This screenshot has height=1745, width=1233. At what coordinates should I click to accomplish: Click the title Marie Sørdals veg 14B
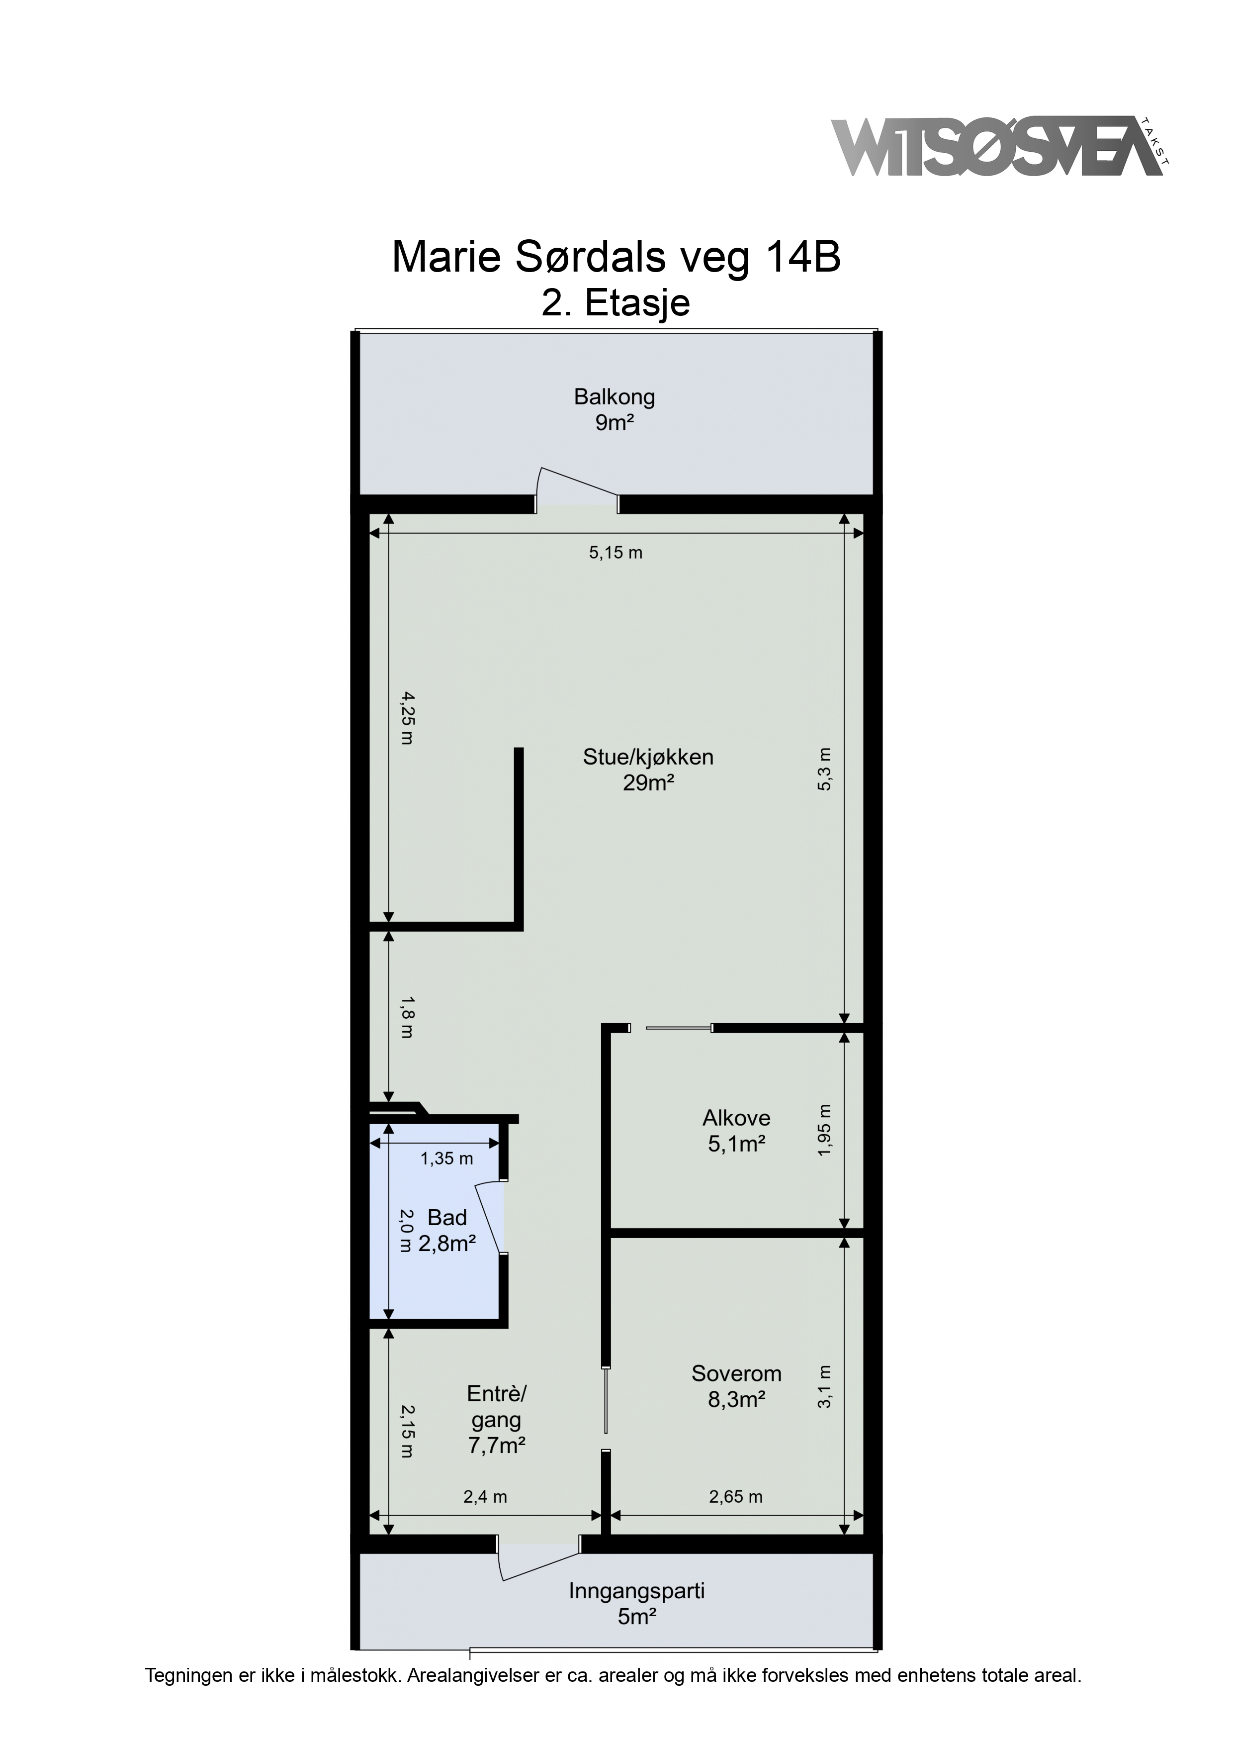[x=616, y=258]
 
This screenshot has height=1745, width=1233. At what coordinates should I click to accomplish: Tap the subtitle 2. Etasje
[x=616, y=302]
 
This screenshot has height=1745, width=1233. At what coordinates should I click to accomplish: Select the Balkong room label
[x=615, y=410]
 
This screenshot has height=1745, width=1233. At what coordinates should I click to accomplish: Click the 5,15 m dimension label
[x=616, y=553]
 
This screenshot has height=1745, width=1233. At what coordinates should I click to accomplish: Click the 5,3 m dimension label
[x=824, y=769]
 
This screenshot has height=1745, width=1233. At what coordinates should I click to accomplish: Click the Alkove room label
[x=736, y=1130]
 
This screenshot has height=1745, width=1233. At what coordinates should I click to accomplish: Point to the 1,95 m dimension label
[x=824, y=1131]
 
